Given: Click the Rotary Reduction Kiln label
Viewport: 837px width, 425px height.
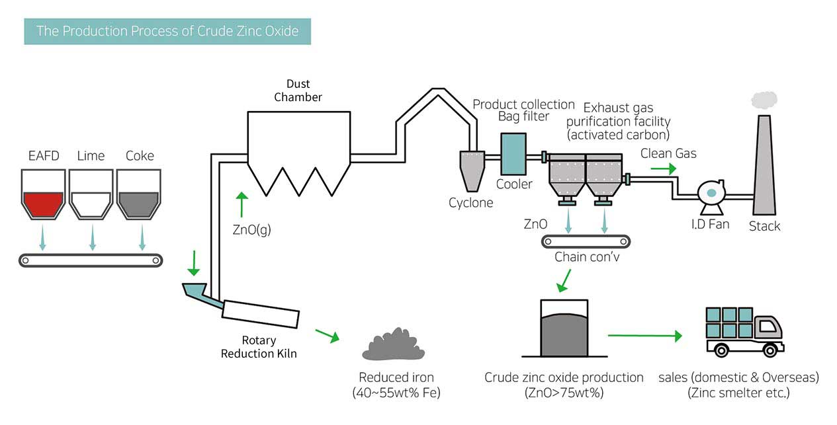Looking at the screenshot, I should click(259, 347).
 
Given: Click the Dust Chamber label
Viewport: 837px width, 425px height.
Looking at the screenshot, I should click(298, 91).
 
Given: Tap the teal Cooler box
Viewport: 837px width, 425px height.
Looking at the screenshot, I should click(513, 154).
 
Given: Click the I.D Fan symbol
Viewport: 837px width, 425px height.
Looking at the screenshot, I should click(712, 194).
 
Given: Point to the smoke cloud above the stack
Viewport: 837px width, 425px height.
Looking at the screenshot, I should click(764, 99).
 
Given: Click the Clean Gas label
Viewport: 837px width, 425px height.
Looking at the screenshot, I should click(668, 154).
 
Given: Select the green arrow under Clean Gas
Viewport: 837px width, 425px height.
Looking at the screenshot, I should click(663, 169).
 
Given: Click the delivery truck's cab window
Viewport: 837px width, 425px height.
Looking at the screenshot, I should click(767, 325).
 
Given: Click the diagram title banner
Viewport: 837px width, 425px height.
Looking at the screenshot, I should click(167, 31).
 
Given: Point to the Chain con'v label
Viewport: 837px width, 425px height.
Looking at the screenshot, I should click(587, 256).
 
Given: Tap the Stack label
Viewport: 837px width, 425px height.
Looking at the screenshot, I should click(764, 226).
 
